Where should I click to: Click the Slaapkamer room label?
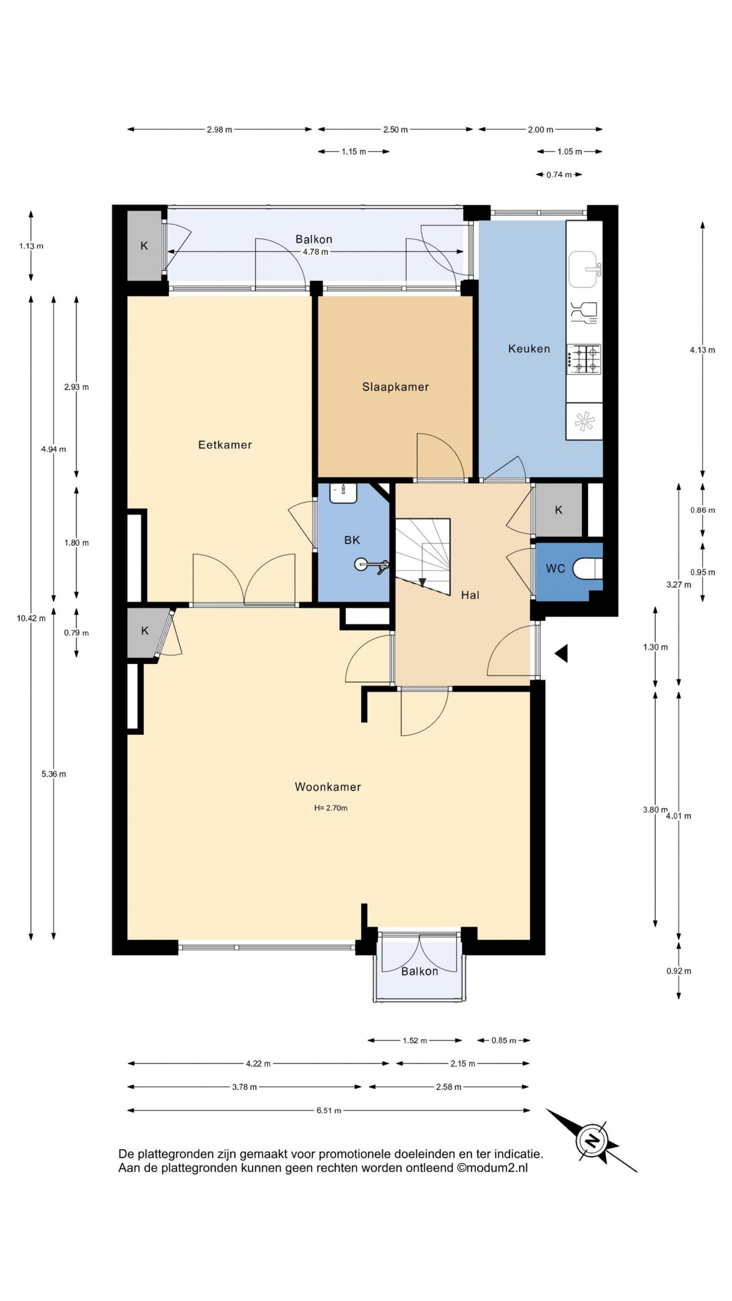(395, 387)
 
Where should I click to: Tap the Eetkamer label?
(225, 445)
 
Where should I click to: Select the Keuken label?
(529, 349)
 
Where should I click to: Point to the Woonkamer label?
(328, 787)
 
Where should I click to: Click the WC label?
(556, 569)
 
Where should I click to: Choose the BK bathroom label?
(352, 540)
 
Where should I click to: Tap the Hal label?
(470, 595)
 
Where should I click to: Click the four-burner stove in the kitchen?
(585, 359)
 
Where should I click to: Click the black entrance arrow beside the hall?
(561, 654)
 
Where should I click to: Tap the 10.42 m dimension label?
(31, 618)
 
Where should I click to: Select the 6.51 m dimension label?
(329, 1111)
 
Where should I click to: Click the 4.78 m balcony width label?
(315, 252)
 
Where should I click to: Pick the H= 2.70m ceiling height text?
(331, 808)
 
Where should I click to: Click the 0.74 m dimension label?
(559, 175)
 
